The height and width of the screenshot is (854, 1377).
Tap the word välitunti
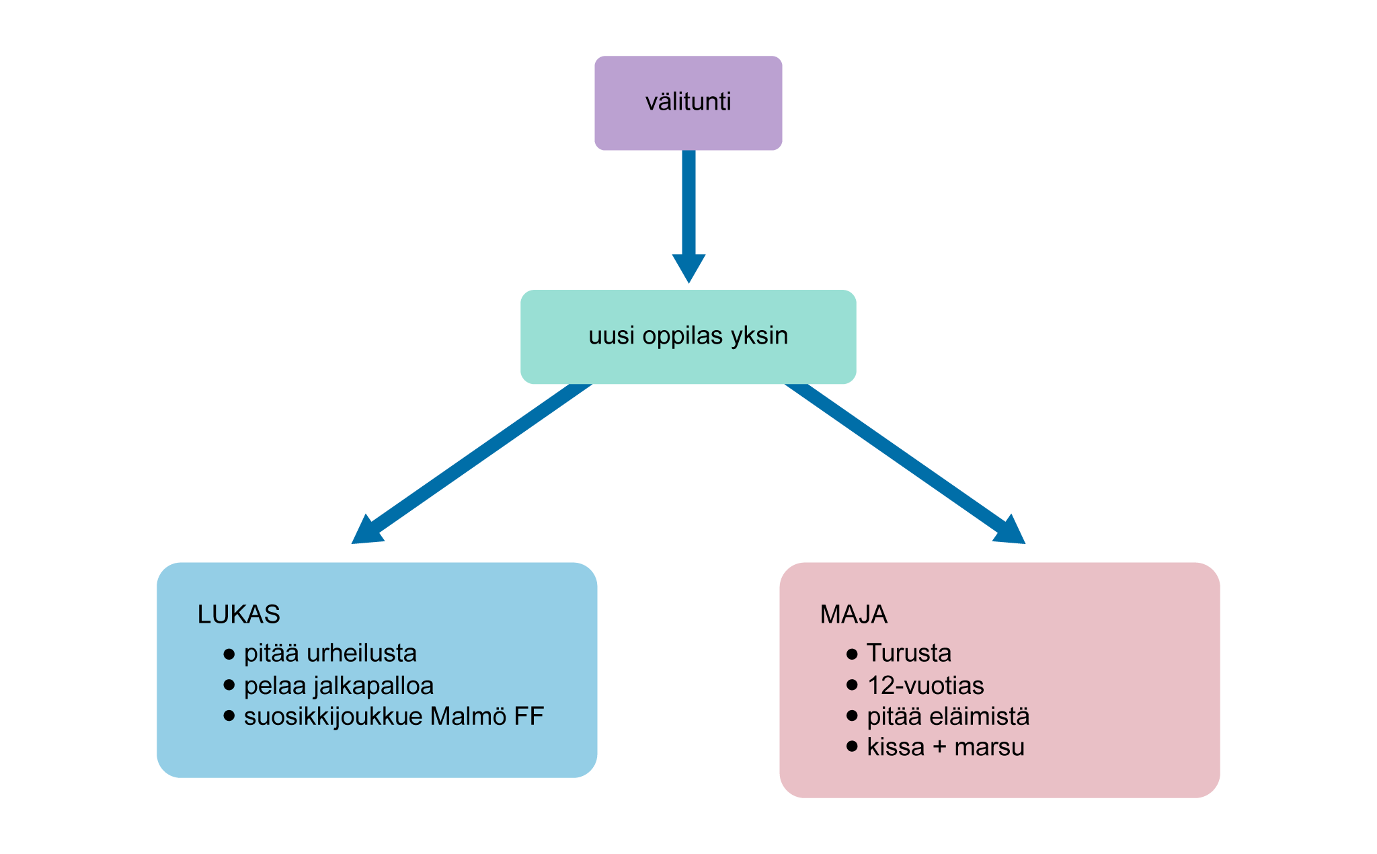(x=688, y=102)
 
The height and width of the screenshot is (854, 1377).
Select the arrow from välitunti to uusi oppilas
(x=688, y=208)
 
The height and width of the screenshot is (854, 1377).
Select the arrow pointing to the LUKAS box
(x=471, y=464)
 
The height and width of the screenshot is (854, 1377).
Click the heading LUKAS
(x=239, y=615)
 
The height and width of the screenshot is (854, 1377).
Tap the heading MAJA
(x=853, y=615)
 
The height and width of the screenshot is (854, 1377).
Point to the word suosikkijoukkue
(x=333, y=717)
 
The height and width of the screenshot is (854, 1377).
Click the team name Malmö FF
(x=487, y=717)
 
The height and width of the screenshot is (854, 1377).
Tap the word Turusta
(x=909, y=653)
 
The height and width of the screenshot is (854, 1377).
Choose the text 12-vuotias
(x=925, y=686)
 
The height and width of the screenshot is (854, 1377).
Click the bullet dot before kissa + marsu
(x=853, y=746)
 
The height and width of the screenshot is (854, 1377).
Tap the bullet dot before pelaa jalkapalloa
(x=229, y=685)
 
